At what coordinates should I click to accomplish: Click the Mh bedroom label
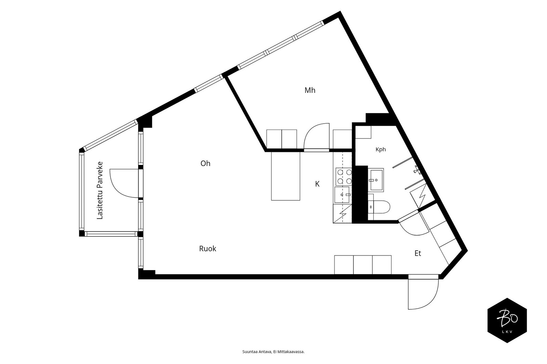coord(310,90)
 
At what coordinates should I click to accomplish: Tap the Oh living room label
coord(205,163)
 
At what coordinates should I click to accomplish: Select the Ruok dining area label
coord(208,249)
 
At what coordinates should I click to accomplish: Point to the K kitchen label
coord(317,184)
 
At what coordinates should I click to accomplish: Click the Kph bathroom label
coord(381,149)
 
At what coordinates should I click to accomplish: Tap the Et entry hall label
coord(418,253)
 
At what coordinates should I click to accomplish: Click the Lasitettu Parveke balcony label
coord(99,190)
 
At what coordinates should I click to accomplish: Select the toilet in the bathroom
coord(379,207)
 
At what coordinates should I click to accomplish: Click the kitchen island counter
coord(285,176)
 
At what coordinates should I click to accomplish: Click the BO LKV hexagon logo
coord(507,320)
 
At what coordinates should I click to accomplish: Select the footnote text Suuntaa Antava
coord(257,352)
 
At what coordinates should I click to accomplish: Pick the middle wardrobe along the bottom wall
coord(363,265)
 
